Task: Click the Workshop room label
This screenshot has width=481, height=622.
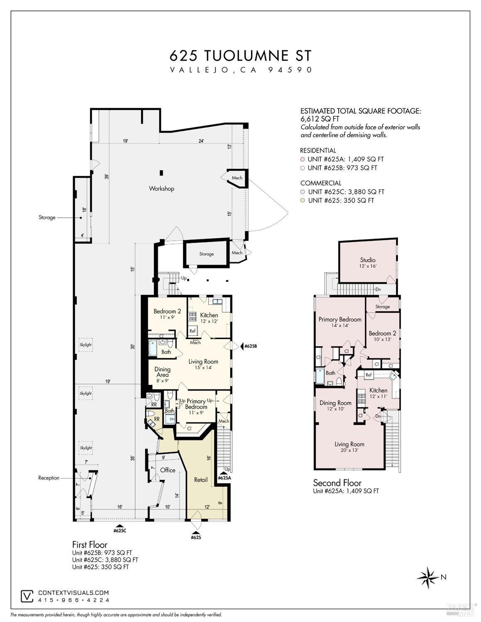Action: tap(161, 188)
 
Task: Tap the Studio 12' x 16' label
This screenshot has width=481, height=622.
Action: tap(368, 263)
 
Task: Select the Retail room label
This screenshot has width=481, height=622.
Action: tap(201, 480)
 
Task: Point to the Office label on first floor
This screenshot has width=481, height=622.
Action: tap(168, 470)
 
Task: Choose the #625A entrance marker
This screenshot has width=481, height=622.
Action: tap(224, 476)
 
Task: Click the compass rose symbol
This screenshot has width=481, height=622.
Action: tap(428, 577)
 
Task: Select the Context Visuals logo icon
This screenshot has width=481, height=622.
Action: tap(27, 596)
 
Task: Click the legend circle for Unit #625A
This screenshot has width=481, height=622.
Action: tap(303, 159)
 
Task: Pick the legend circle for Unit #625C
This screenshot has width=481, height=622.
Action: tap(303, 192)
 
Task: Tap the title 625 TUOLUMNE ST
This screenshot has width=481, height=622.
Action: tap(240, 56)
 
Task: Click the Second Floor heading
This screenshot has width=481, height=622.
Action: tap(337, 483)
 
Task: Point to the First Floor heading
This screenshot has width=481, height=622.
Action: tap(90, 544)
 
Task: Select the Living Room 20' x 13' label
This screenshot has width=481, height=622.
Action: tap(349, 446)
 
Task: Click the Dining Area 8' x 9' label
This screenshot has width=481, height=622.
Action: tap(162, 372)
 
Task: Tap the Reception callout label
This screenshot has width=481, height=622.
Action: tap(49, 478)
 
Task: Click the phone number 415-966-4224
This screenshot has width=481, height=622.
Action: tap(74, 600)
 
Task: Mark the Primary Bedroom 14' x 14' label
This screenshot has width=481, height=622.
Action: tap(340, 322)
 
